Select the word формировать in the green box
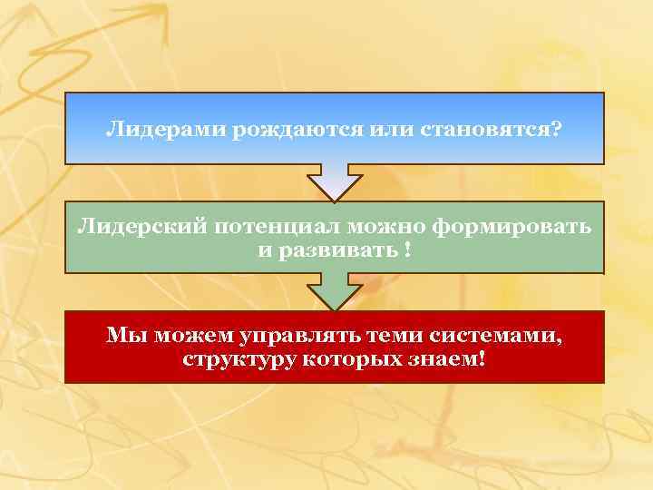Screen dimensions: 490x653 click(x=512, y=227)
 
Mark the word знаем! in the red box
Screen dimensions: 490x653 click(x=448, y=358)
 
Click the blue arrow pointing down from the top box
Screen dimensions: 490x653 click(x=335, y=182)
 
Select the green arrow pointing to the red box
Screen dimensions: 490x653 click(x=335, y=291)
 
